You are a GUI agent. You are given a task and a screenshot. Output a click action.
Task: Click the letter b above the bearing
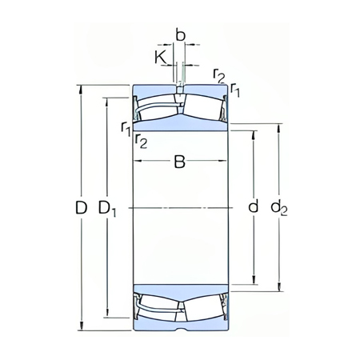180,36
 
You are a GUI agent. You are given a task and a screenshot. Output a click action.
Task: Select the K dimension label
160,58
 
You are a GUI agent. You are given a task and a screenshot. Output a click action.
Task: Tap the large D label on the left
81,208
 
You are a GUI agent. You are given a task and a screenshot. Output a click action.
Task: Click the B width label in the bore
180,162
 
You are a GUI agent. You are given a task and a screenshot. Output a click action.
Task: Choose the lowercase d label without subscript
253,207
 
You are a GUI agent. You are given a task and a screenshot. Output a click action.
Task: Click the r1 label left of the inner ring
126,127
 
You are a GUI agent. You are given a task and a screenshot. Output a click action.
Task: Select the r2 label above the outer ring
219,75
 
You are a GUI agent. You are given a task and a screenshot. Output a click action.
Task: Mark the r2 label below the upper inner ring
141,142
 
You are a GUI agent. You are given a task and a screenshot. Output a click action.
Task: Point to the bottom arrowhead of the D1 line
108,314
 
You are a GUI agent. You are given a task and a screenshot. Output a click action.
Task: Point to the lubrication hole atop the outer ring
181,84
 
